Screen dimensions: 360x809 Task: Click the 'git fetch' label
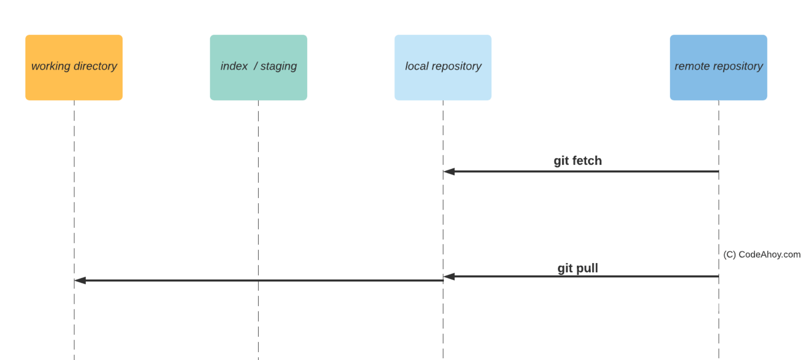point(578,161)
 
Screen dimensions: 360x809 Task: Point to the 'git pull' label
point(578,268)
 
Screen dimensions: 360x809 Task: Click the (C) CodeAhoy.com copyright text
point(762,255)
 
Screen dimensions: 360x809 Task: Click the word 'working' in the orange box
point(51,66)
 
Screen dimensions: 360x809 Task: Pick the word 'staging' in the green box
point(278,66)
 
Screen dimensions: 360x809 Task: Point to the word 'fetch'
point(587,161)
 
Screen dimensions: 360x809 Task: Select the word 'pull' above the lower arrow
point(587,268)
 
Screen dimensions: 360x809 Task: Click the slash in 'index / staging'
point(255,66)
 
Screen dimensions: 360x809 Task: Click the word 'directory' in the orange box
point(95,66)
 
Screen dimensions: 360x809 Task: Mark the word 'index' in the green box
point(234,66)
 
